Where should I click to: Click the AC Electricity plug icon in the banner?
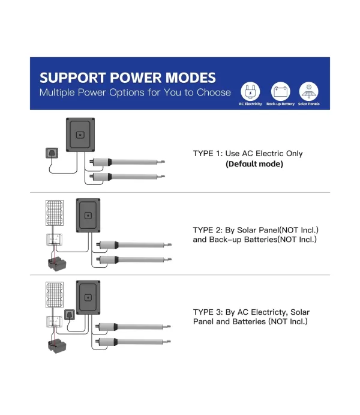(x=250, y=91)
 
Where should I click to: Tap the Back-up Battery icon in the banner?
(x=280, y=91)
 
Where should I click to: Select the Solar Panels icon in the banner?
(x=308, y=91)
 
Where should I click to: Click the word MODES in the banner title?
(x=190, y=78)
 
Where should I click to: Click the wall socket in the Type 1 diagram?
(x=52, y=153)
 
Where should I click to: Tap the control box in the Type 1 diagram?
(x=80, y=135)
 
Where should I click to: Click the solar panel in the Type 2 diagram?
(x=55, y=213)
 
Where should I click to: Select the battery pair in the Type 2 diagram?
(x=57, y=264)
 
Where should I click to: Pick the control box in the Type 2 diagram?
(x=88, y=216)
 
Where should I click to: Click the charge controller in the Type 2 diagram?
(x=55, y=239)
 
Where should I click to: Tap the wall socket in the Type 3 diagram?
(x=70, y=315)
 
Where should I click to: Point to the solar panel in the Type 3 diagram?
(x=55, y=295)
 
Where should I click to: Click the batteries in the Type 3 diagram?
(x=57, y=346)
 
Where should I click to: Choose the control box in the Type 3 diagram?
(x=88, y=297)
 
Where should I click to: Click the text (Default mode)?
(x=254, y=164)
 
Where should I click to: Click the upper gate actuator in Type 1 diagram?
(x=127, y=162)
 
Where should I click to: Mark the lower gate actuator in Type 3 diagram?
(x=133, y=342)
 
